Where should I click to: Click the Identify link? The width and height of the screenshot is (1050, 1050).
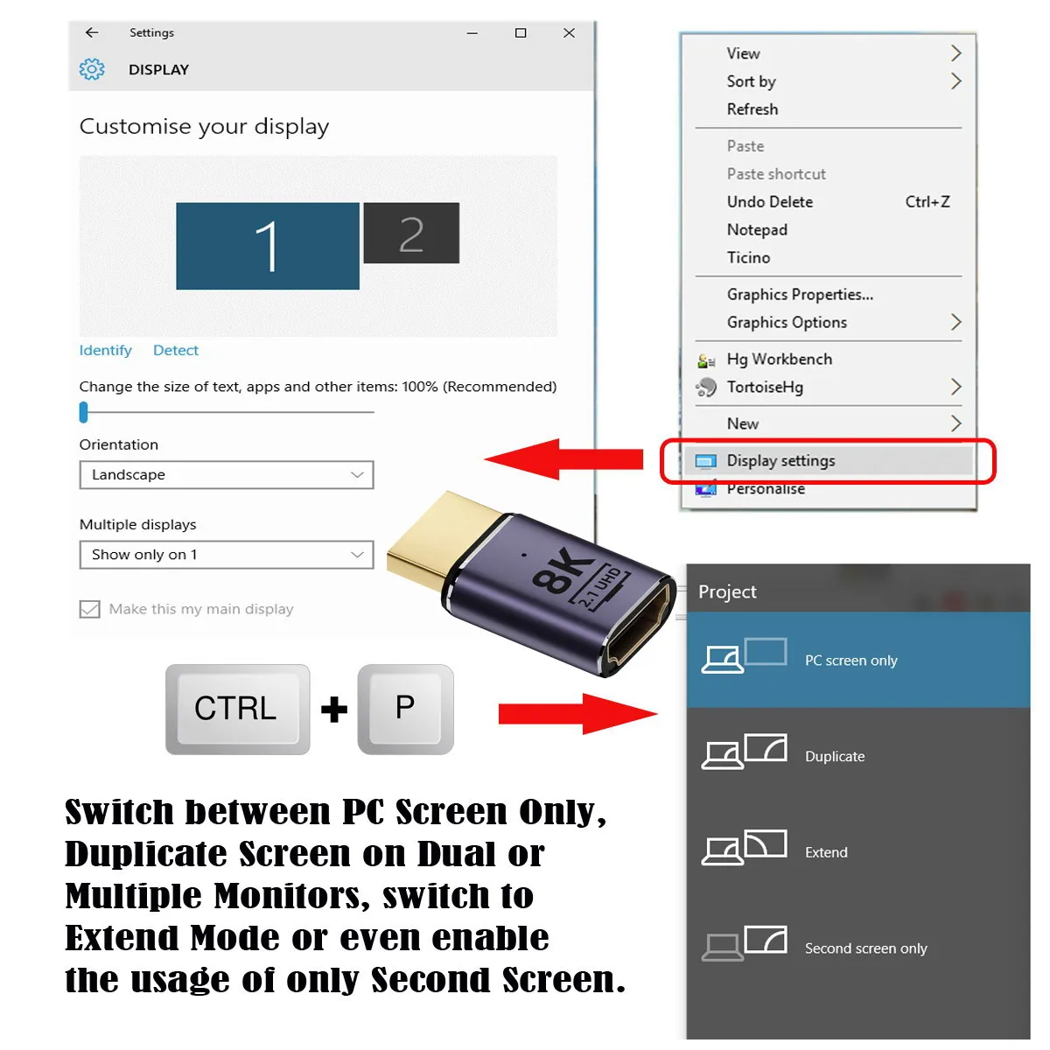pyautogui.click(x=105, y=350)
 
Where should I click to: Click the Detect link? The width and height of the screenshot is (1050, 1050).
pyautogui.click(x=176, y=350)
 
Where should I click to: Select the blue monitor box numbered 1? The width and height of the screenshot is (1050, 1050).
pyautogui.click(x=267, y=246)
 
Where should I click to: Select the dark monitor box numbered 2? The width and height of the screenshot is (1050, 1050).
pyautogui.click(x=411, y=233)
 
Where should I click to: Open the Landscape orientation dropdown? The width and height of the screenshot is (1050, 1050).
pyautogui.click(x=226, y=474)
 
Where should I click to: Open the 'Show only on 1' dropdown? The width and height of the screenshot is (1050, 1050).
pyautogui.click(x=226, y=554)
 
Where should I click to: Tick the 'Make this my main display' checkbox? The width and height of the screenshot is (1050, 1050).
pyautogui.click(x=90, y=609)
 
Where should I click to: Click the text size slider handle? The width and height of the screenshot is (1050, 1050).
pyautogui.click(x=83, y=412)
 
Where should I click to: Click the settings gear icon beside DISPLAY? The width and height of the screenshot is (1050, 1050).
pyautogui.click(x=92, y=69)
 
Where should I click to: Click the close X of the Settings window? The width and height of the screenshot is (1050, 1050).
pyautogui.click(x=569, y=32)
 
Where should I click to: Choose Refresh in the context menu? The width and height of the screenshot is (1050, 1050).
pyautogui.click(x=752, y=109)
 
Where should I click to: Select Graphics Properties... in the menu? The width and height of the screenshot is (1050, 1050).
pyautogui.click(x=800, y=294)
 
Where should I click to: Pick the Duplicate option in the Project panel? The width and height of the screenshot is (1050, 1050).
pyautogui.click(x=858, y=756)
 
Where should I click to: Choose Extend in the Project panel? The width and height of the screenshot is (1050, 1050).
pyautogui.click(x=858, y=851)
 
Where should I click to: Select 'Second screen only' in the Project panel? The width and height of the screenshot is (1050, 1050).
pyautogui.click(x=858, y=948)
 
